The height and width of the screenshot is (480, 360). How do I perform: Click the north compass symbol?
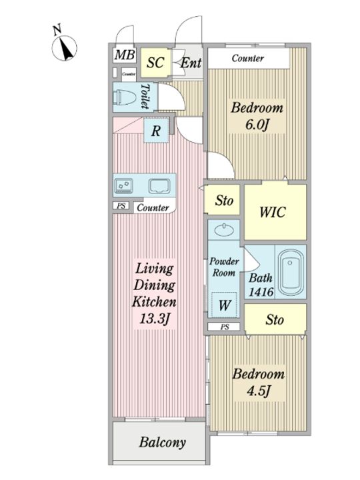click(64, 45)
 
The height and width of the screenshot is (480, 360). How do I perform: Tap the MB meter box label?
click(125, 55)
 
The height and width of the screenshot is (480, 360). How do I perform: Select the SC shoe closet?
click(155, 63)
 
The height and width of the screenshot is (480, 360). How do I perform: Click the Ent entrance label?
click(191, 63)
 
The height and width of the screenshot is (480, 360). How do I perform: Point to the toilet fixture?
click(125, 97)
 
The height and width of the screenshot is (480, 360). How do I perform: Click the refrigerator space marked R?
click(156, 131)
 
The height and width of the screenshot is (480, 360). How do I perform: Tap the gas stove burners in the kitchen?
click(124, 185)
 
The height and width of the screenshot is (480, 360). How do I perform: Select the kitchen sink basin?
click(159, 186)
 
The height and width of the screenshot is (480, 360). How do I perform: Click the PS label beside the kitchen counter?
click(121, 206)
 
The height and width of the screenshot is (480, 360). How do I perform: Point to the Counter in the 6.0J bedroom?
click(248, 58)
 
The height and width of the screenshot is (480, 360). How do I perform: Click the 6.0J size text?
click(257, 125)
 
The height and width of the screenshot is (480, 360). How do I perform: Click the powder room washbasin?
click(224, 230)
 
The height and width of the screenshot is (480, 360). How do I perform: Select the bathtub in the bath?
click(291, 273)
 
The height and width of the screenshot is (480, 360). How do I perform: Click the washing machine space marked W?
click(225, 305)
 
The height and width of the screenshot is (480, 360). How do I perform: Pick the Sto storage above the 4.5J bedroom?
click(275, 319)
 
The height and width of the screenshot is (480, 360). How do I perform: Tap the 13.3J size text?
click(154, 319)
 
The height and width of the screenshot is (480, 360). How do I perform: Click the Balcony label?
click(163, 443)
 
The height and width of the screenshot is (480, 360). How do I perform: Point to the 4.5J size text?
click(259, 391)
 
